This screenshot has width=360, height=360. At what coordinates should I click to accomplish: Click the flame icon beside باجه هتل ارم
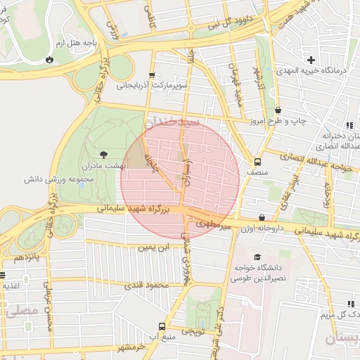click(x=49, y=60)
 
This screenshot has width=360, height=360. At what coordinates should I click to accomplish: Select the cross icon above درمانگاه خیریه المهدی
click(x=311, y=60)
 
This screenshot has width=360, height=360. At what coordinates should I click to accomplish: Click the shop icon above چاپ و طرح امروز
click(x=279, y=110)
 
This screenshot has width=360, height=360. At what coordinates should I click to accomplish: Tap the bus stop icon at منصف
click(x=257, y=160)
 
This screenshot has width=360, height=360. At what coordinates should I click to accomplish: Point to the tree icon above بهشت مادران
click(x=105, y=153)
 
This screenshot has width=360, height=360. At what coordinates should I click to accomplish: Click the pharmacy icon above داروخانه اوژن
click(x=262, y=218)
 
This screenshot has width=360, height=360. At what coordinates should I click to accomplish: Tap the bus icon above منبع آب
click(x=162, y=326)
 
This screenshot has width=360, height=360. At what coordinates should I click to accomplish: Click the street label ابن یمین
click(x=153, y=247)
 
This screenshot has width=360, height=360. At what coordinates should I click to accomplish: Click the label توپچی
click(x=192, y=330)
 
